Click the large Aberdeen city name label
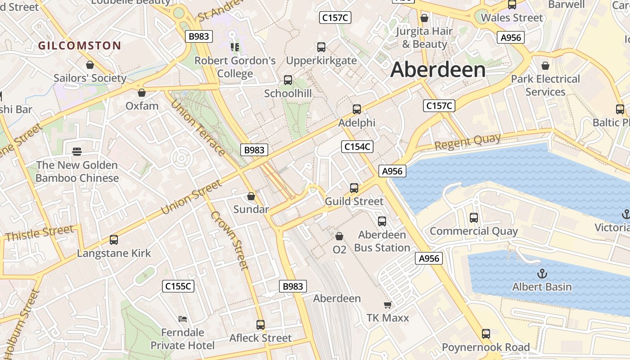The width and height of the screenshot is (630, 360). click(x=438, y=70)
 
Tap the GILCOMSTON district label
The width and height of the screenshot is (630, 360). click(x=79, y=45)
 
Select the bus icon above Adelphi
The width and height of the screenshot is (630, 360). click(x=357, y=109)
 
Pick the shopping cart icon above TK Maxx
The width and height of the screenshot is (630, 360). click(x=387, y=305)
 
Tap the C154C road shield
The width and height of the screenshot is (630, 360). click(x=357, y=146)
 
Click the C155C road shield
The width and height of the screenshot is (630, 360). click(x=178, y=286)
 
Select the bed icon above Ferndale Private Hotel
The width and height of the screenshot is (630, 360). click(x=183, y=319)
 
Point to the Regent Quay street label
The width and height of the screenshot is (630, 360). click(x=468, y=142)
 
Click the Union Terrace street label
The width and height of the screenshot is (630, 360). click(x=198, y=127)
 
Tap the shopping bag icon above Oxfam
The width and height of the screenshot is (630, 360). click(x=142, y=93)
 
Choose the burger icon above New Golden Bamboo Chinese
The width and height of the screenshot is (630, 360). click(x=77, y=151)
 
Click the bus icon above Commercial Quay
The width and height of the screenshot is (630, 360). click(x=473, y=218)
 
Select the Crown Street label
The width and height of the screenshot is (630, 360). click(x=229, y=240)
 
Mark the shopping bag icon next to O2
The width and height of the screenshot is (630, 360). click(x=339, y=236)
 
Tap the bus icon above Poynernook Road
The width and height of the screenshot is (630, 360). click(x=486, y=334)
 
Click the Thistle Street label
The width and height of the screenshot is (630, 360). click(x=39, y=233)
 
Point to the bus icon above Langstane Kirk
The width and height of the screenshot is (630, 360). click(x=114, y=240)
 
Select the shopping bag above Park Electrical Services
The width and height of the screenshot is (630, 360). click(x=545, y=66)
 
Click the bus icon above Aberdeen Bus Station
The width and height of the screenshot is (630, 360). click(x=382, y=221)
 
